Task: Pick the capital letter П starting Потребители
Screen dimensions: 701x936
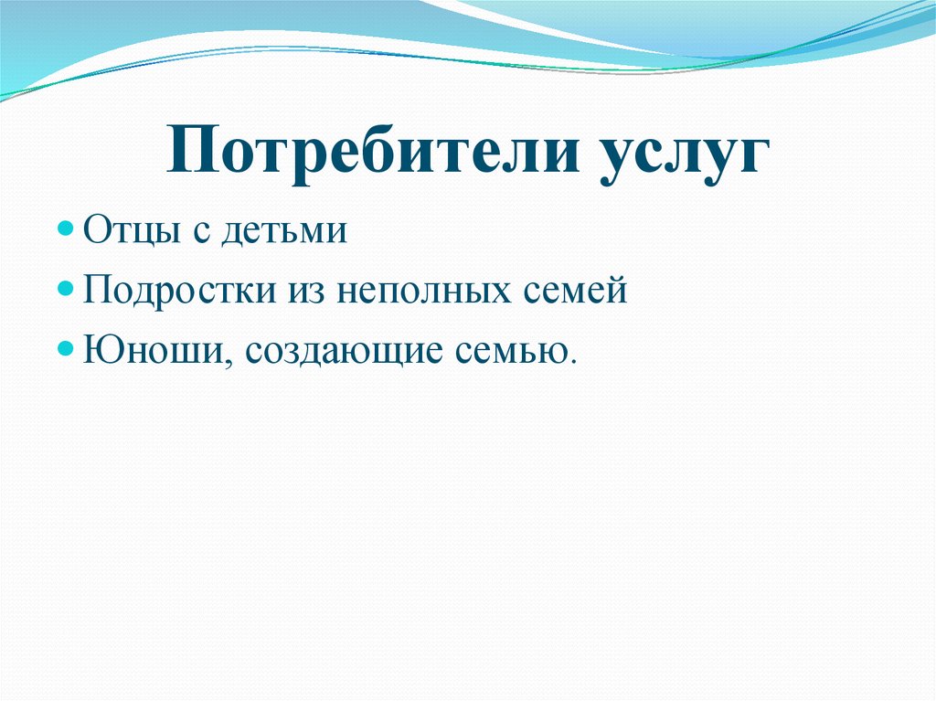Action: [189, 152]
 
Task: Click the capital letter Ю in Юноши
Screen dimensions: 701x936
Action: [98, 349]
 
